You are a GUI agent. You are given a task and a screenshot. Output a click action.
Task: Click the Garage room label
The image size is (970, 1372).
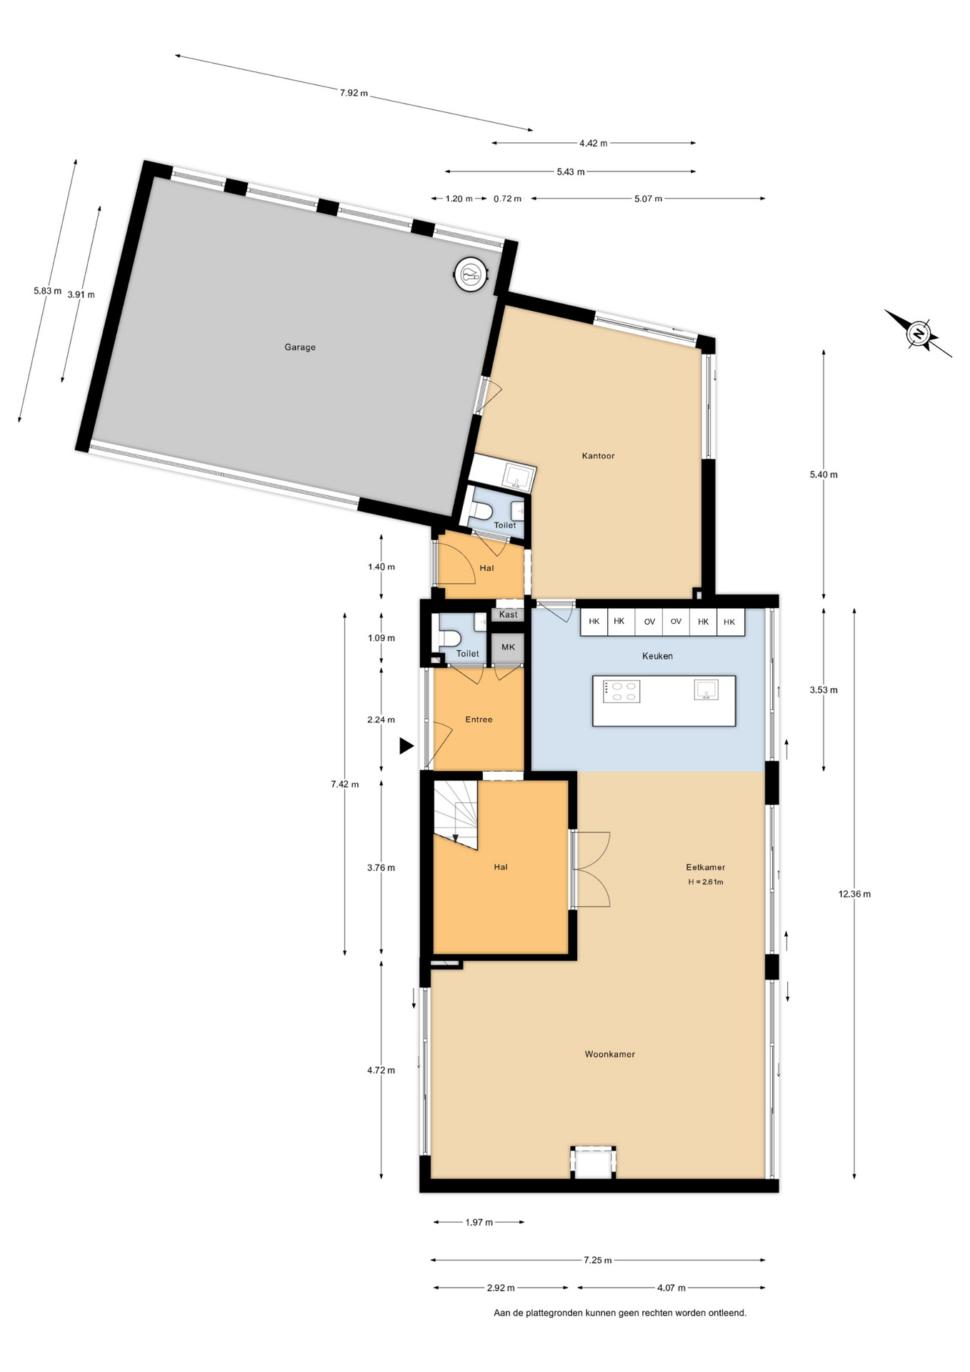point(300,347)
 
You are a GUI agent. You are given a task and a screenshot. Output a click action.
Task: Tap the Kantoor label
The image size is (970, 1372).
point(598,456)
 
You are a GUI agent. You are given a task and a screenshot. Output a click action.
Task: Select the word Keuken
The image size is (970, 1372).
point(657,656)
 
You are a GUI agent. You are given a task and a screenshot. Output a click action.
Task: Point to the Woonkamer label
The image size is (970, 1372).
point(609,1054)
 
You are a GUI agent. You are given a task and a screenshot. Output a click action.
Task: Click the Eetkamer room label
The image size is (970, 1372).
point(705,868)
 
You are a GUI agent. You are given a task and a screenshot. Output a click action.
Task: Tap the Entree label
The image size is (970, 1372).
point(479,720)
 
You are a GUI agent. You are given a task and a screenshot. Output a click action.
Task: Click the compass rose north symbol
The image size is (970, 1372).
point(919,333)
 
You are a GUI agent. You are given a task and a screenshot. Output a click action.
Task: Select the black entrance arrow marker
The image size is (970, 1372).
point(406,746)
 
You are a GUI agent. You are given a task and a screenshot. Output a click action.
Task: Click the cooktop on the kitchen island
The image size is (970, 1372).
point(621,692)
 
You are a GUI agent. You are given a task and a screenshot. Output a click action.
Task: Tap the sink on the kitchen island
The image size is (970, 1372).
point(706,690)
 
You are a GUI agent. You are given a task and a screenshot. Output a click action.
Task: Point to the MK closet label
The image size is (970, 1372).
point(508,647)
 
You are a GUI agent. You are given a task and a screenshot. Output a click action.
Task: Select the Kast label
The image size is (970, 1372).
point(508,615)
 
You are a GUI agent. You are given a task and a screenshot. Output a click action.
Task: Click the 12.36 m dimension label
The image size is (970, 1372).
point(854,894)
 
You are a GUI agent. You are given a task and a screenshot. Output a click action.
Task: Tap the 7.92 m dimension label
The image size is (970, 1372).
point(354,93)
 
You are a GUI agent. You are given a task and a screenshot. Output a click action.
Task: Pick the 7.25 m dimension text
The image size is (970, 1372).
point(597,1260)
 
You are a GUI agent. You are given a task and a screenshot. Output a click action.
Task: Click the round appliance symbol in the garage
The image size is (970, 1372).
point(471,274)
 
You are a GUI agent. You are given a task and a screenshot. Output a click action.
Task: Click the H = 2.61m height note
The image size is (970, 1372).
point(706,882)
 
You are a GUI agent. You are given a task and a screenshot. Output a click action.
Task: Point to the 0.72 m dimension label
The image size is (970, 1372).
point(507,199)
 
